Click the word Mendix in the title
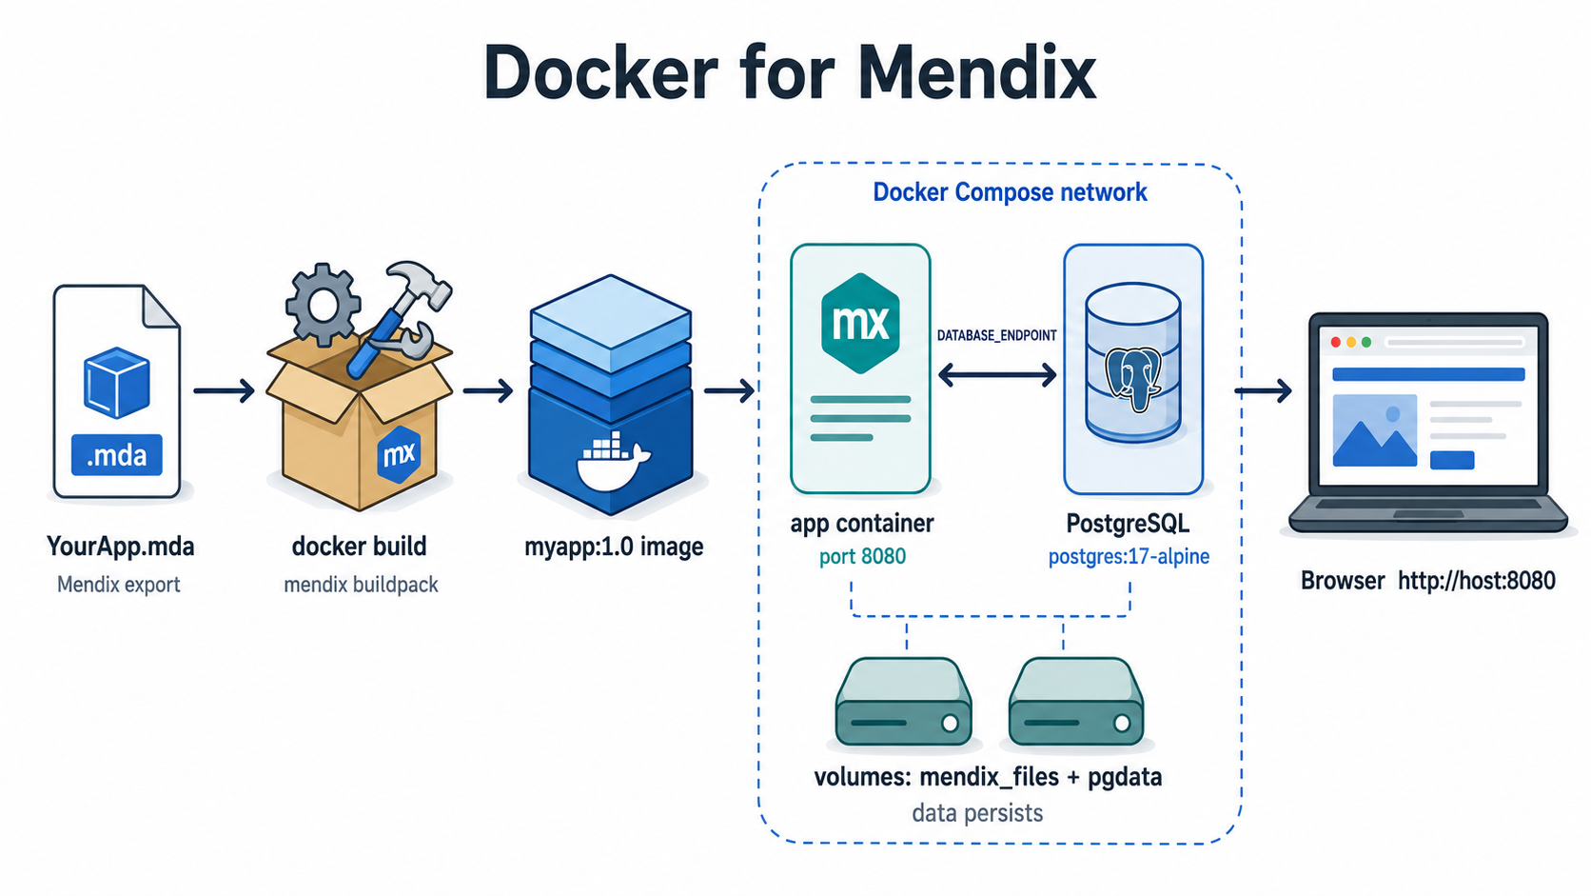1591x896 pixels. click(x=976, y=72)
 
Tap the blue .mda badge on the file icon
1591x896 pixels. click(x=116, y=455)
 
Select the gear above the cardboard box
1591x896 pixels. click(x=324, y=305)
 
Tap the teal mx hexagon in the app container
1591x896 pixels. click(x=860, y=324)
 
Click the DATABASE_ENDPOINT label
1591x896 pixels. click(x=996, y=335)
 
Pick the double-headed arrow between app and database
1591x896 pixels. click(x=996, y=374)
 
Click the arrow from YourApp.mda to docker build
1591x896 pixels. click(x=224, y=390)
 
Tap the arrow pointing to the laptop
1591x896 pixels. click(x=1263, y=390)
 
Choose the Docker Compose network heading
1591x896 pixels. click(x=1010, y=191)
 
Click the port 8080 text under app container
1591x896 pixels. click(x=862, y=556)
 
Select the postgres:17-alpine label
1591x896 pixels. click(x=1129, y=556)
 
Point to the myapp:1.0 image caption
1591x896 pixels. click(x=614, y=547)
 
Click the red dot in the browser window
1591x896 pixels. click(x=1335, y=343)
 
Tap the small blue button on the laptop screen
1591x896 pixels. click(x=1452, y=461)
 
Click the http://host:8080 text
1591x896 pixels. click(x=1477, y=581)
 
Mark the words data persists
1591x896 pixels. click(x=977, y=813)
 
